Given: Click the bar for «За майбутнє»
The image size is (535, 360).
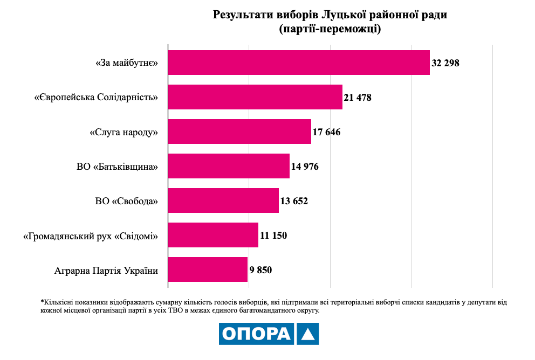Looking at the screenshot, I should coord(299,63).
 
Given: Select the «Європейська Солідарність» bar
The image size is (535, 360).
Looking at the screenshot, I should coord(255,97).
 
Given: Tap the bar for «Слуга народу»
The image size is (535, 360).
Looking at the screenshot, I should coord(239,131).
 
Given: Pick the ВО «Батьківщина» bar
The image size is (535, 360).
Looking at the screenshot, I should coord(229,166).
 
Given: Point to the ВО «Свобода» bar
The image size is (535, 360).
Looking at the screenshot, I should coord(223,200).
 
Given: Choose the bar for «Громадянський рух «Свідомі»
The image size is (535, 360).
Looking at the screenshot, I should coord(213,235).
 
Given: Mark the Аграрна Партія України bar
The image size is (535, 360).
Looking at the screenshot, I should coord(208,269).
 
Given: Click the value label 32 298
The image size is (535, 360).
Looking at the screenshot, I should coord(445,63).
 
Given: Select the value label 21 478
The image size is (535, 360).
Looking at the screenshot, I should coord(358,98).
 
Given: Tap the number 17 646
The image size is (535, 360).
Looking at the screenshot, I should coord(326,132).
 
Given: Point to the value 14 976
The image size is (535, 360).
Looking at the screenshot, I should coord(305,167).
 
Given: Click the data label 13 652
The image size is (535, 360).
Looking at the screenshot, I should coord(294,201).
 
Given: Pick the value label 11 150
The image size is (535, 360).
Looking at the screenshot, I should coord(273,236).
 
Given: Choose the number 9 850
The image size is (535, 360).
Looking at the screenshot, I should coord(260,270).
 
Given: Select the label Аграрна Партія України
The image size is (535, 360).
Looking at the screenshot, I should coord(106,270).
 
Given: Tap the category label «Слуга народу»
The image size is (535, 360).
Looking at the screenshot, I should coord(124,132).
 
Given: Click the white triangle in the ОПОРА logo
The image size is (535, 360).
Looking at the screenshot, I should coord(307,334).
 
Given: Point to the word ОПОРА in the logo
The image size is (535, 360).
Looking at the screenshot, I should coord(256,334).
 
